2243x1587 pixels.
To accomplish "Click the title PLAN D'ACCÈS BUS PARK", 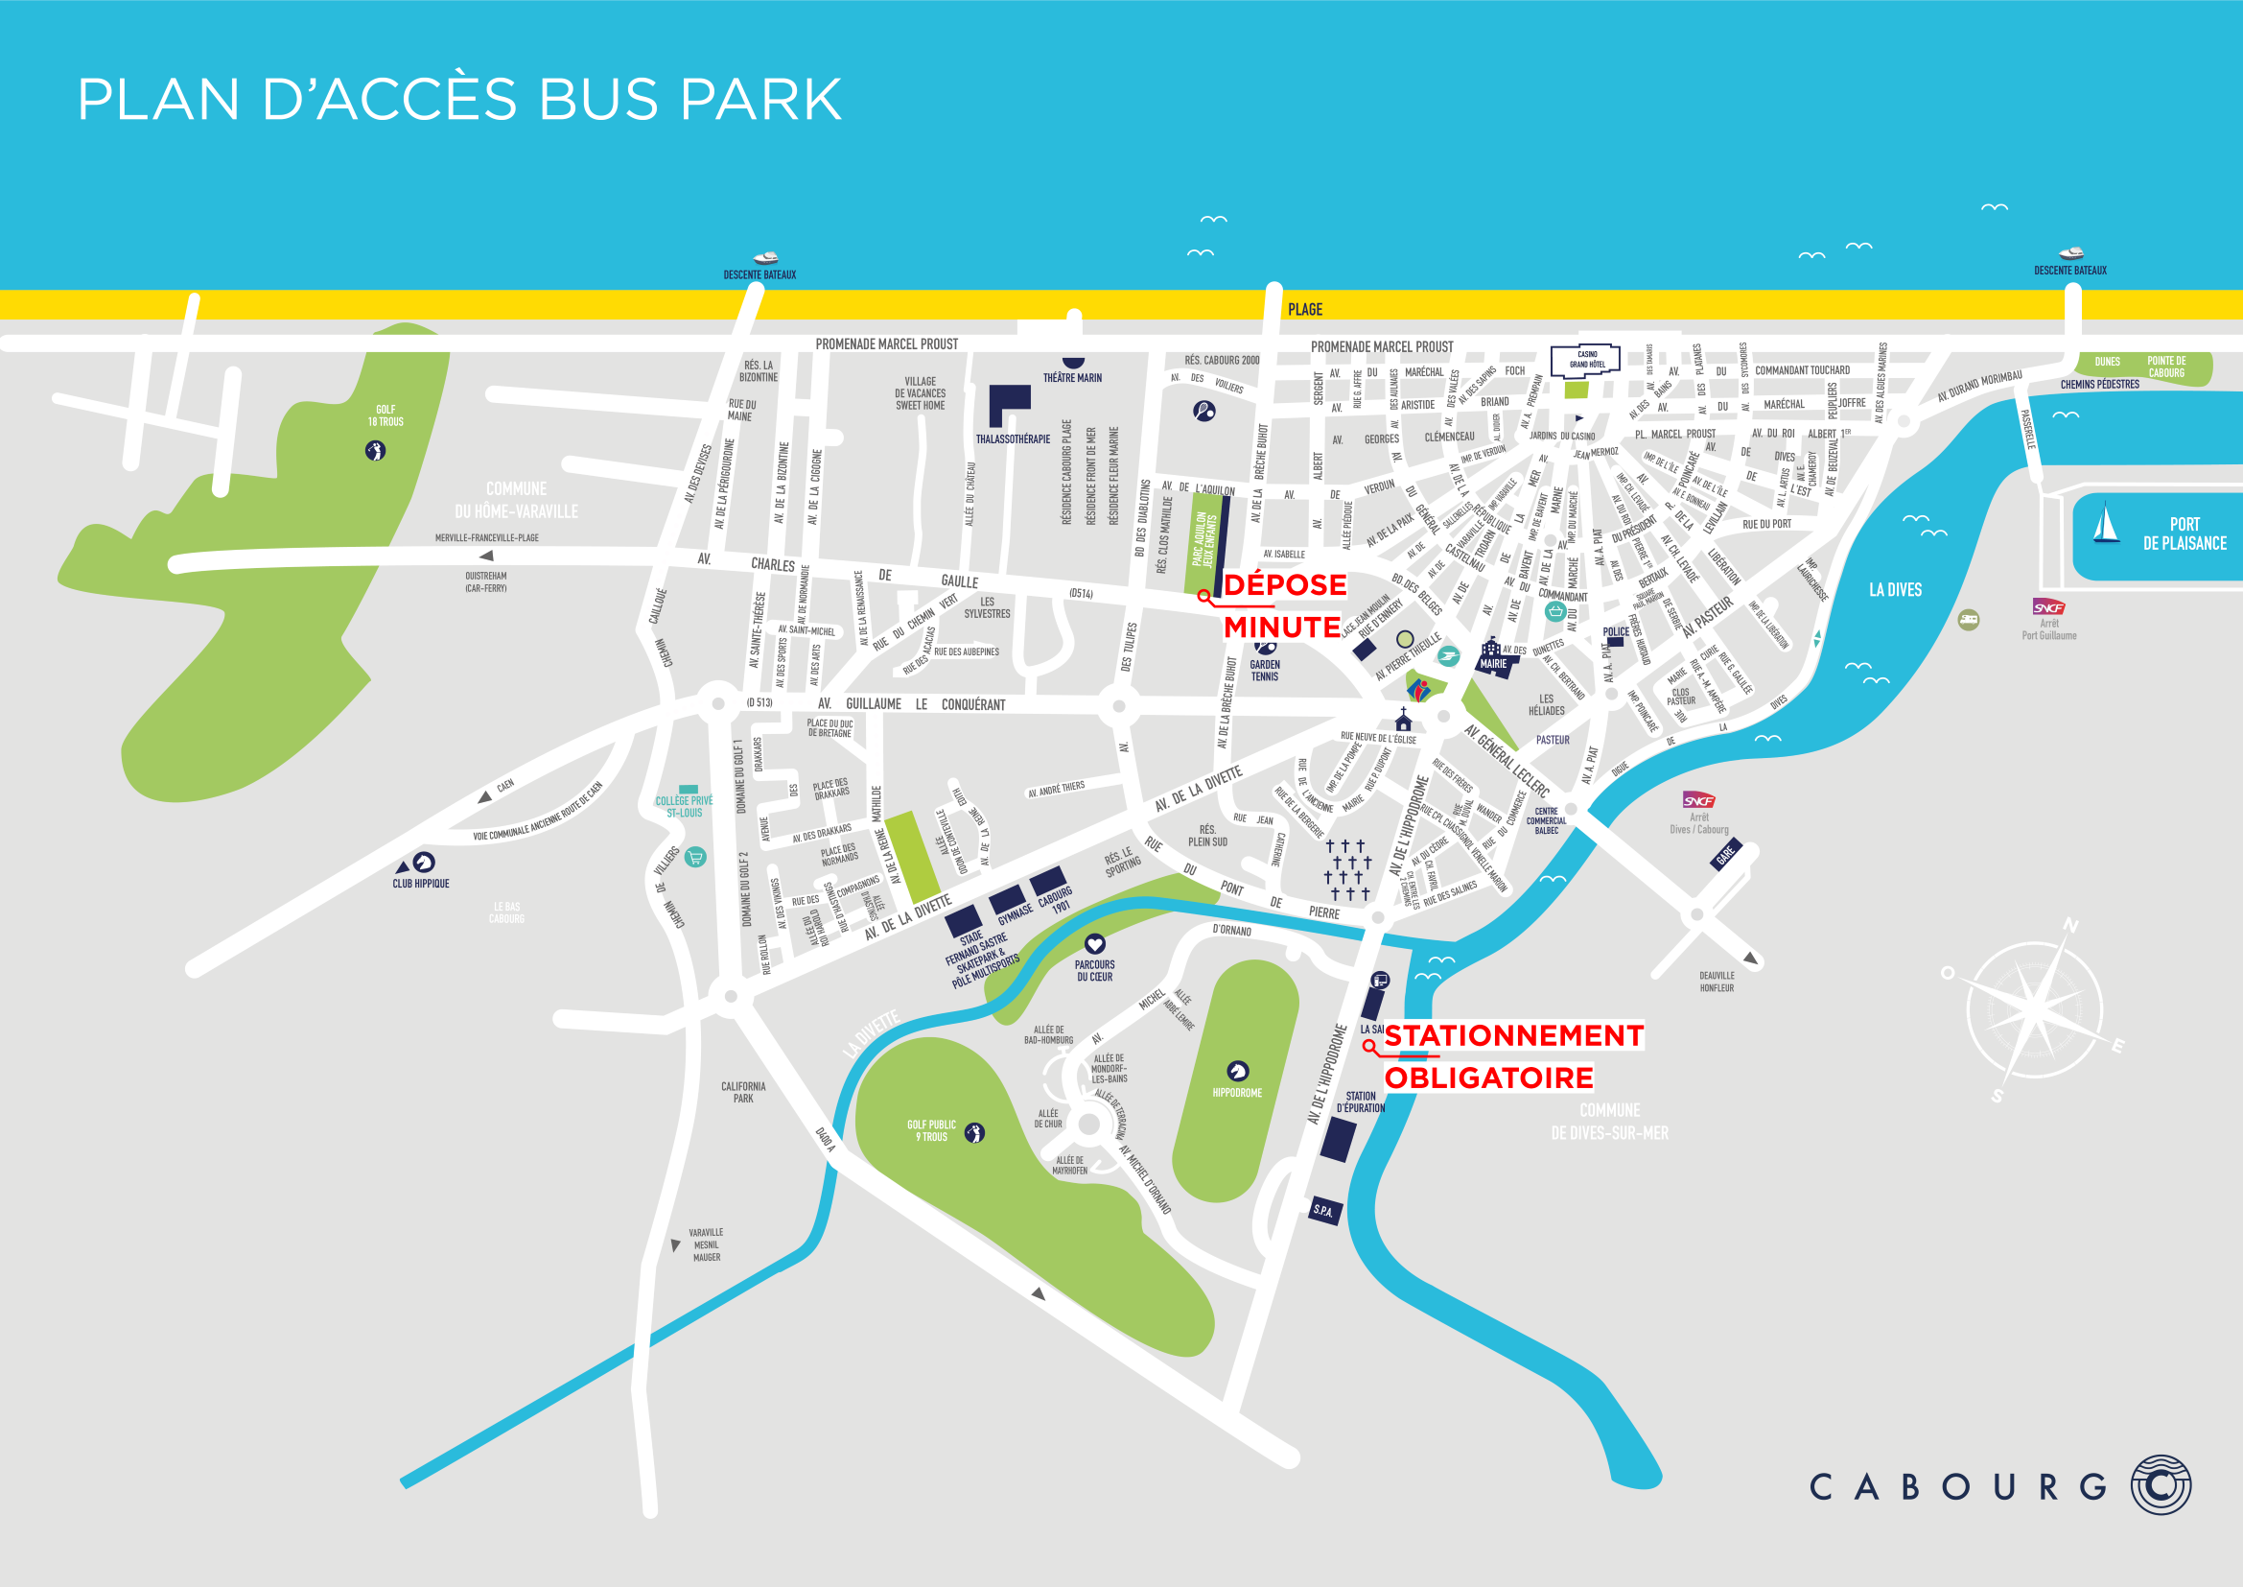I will [x=459, y=99].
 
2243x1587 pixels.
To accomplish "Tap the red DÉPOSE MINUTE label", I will [x=1284, y=605].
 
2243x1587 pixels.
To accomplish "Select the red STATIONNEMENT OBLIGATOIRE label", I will [x=1512, y=1056].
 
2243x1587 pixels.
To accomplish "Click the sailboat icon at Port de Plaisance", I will [x=2105, y=524].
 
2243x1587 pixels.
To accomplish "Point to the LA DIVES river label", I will [x=1894, y=590].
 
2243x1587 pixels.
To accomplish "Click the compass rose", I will [x=2034, y=1009].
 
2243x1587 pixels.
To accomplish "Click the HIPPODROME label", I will [x=1237, y=1093].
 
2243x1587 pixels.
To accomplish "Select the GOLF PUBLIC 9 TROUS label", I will [x=931, y=1130].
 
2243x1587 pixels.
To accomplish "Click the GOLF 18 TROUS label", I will [x=385, y=415].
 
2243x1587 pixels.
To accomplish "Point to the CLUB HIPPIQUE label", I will [x=421, y=884].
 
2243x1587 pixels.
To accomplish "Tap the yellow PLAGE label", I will [x=1304, y=310].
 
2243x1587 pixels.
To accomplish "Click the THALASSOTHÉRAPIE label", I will [x=1013, y=439].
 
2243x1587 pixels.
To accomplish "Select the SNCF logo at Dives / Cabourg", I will [x=1699, y=800].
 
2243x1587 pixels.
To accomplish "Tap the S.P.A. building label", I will [x=1323, y=1210].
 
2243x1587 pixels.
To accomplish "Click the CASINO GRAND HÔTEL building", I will [x=1585, y=361].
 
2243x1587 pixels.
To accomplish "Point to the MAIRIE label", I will [x=1493, y=664].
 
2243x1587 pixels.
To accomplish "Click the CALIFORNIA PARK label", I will [x=742, y=1093].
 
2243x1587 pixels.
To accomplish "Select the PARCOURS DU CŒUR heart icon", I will [x=1094, y=943].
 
